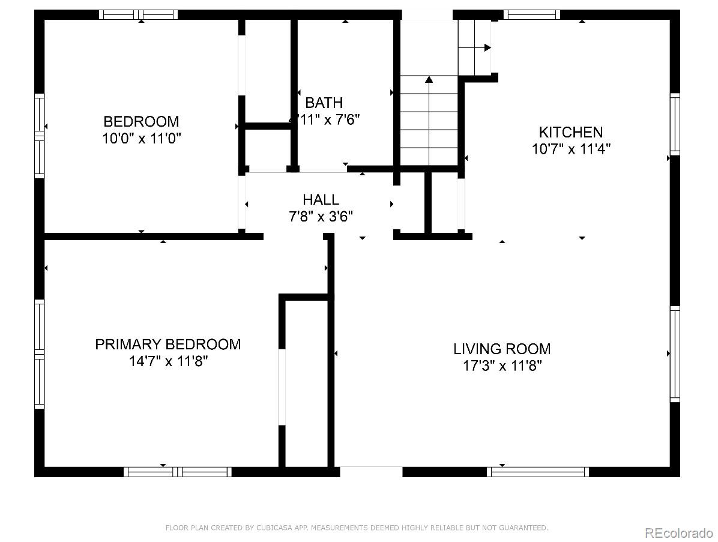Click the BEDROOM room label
click(x=141, y=121)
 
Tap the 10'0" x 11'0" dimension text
click(x=141, y=139)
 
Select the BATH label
click(x=324, y=103)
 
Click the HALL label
click(x=321, y=199)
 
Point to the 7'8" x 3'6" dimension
click(x=321, y=216)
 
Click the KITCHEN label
click(x=570, y=132)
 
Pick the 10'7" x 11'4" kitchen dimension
click(x=570, y=149)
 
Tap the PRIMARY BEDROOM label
click(x=168, y=345)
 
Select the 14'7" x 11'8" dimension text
click(x=168, y=361)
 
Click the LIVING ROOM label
click(x=502, y=349)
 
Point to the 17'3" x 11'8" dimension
click(x=502, y=366)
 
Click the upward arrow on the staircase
click(x=429, y=79)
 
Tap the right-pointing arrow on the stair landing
click(x=487, y=47)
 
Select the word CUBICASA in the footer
click(x=271, y=528)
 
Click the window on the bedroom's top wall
click(x=138, y=14)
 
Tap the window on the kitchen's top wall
click(x=531, y=14)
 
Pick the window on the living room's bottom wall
click(x=538, y=472)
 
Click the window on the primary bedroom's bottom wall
click(x=178, y=472)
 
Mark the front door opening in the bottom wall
click(x=371, y=472)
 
